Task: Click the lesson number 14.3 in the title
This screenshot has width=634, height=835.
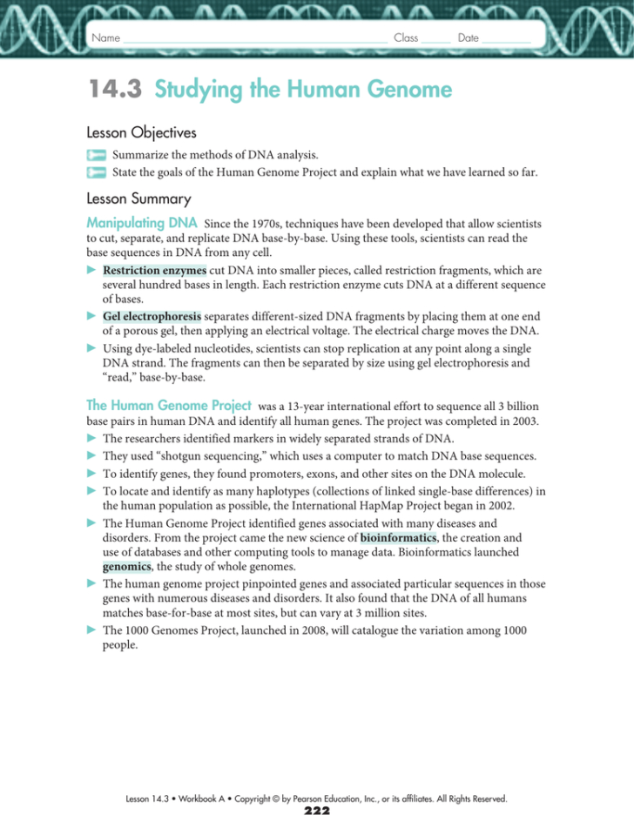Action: tap(116, 90)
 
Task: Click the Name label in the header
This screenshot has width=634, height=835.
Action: tap(105, 38)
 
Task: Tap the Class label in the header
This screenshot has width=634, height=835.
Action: tap(406, 38)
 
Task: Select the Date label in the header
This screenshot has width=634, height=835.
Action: tap(468, 38)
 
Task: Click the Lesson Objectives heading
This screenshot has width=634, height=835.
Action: tap(141, 133)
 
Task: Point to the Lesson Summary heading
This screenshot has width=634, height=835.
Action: tap(138, 199)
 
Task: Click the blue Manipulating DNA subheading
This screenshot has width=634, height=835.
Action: tap(141, 223)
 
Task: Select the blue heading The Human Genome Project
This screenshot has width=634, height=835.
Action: tap(169, 405)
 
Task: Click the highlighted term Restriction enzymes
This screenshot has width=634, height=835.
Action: tap(154, 271)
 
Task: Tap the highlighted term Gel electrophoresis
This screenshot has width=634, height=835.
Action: tap(152, 315)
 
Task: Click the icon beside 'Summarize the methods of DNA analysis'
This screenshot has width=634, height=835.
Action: tap(95, 154)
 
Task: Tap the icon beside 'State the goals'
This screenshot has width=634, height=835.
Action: tap(95, 172)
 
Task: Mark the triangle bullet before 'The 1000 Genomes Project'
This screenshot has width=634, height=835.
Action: tap(91, 630)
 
